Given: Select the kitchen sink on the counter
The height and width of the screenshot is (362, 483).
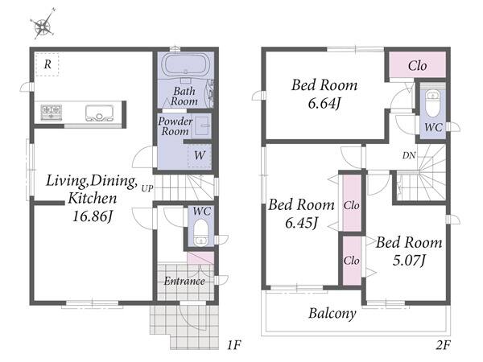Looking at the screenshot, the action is click(100, 113).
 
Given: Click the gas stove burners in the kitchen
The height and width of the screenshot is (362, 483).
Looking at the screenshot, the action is click(52, 113).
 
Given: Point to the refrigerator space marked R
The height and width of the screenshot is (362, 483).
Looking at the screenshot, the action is click(47, 64).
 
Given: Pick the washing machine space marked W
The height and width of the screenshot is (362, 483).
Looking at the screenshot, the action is click(200, 155).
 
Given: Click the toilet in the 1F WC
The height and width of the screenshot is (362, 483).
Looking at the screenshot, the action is click(200, 232).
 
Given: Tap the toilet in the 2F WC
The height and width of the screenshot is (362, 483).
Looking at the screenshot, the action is click(432, 103).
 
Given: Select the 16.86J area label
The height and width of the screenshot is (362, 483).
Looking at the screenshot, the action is click(92, 216).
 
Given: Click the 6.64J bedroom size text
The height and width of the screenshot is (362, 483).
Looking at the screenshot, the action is click(324, 104).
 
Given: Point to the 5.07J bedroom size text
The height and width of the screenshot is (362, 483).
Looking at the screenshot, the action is click(409, 261).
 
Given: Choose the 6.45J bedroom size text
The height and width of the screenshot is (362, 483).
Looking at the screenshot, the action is click(301, 223).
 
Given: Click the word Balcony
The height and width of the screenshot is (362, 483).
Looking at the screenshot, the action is click(332, 314).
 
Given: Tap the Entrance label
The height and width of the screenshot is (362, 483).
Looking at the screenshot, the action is click(184, 281).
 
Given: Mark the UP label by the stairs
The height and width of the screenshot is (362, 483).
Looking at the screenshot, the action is click(147, 188).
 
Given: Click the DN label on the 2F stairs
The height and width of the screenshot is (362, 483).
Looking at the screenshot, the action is click(409, 155).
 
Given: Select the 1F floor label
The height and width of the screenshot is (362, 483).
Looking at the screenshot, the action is click(233, 345).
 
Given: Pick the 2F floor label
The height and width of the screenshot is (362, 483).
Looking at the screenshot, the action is click(444, 345).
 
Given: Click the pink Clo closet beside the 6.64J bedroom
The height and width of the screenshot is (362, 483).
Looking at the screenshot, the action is click(417, 64).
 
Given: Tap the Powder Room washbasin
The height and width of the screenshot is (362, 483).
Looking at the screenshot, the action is click(202, 126).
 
